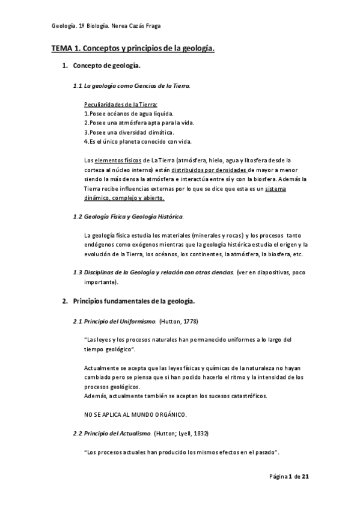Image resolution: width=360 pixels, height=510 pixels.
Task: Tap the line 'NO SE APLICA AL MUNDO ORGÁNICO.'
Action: click(x=135, y=414)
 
